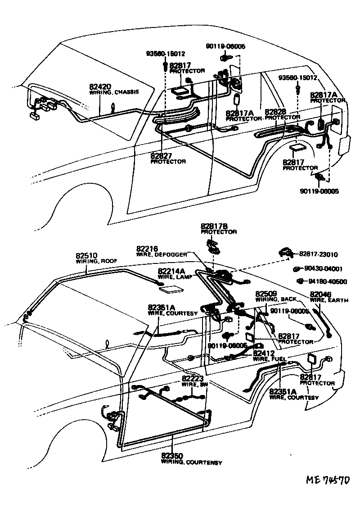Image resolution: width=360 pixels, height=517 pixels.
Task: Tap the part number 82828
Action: [x=275, y=112]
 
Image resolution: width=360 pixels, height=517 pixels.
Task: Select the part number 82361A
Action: [x=160, y=308]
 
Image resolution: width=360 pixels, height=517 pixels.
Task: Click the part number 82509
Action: [x=265, y=293]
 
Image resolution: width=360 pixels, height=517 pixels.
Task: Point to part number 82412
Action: [x=263, y=353]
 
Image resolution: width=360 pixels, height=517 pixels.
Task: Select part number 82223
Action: [x=193, y=379]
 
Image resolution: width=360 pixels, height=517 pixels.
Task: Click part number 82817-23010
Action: [x=319, y=254]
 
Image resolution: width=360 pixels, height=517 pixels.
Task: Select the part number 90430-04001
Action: [x=323, y=269]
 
